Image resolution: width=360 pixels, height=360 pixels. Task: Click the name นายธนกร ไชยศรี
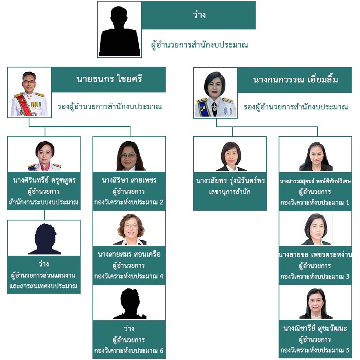coord(109,79)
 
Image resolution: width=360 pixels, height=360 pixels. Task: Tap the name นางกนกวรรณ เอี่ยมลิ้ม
coord(295,79)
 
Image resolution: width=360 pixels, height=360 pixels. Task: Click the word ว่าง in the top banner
coord(199,15)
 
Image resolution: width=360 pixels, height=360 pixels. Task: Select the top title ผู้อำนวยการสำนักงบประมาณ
coord(199,45)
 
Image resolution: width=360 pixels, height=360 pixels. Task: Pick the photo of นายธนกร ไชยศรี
coord(29,93)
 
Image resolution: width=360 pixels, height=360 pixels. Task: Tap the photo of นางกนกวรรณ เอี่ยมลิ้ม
coord(216,93)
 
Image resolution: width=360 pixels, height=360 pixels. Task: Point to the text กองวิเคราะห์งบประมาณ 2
coord(129,202)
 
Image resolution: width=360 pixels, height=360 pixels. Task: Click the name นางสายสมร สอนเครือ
coord(129,254)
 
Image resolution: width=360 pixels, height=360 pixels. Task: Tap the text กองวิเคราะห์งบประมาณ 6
coord(129,351)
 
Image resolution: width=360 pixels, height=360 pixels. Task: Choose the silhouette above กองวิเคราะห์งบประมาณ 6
coord(129,304)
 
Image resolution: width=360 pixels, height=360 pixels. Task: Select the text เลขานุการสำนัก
coord(229,191)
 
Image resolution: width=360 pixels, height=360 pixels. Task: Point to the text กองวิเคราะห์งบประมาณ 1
coord(315,202)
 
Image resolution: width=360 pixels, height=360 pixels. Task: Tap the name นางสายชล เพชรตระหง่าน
coord(315,255)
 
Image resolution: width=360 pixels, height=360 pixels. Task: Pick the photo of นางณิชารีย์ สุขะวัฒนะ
coord(315,304)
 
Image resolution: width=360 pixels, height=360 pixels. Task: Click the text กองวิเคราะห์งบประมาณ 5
coord(315,351)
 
